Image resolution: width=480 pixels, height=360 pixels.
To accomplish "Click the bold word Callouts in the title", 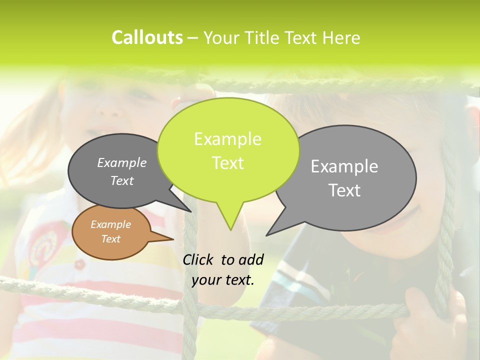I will [x=147, y=37].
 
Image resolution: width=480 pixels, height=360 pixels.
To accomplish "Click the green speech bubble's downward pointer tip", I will [x=230, y=229].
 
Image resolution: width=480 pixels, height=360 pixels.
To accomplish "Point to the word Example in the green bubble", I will [x=227, y=139].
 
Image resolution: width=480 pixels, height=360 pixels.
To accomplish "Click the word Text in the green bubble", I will [x=227, y=163].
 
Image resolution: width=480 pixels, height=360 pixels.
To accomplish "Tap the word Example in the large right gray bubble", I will [x=344, y=166].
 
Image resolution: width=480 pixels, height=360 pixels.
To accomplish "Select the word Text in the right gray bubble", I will [x=344, y=190].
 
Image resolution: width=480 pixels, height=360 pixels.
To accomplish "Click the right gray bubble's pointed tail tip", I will [x=266, y=235].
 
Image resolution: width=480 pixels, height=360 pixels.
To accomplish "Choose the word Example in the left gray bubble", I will [x=122, y=162].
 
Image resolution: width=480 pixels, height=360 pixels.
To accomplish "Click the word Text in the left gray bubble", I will [x=122, y=180].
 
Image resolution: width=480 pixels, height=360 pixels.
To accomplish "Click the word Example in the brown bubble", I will [x=110, y=224].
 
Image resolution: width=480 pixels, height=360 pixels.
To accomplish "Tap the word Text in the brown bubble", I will [x=110, y=239].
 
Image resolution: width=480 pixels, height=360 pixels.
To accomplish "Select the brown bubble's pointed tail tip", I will [x=173, y=239].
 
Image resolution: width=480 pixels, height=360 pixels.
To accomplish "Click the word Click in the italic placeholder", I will [x=199, y=259].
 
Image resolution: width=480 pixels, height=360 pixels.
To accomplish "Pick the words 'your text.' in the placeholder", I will [x=223, y=280].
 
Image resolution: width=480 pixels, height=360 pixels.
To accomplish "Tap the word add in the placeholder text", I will [x=251, y=259].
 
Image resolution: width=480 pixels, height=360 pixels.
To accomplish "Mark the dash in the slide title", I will [x=193, y=38].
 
